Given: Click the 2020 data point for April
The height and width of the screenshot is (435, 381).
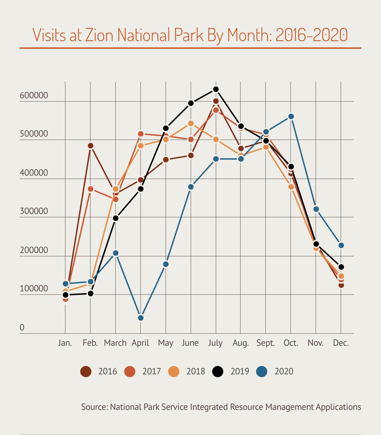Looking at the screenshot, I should tap(141, 318).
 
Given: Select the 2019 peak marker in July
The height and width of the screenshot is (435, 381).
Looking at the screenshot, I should tap(216, 89).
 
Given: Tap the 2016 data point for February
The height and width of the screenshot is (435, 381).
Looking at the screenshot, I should tap(90, 146).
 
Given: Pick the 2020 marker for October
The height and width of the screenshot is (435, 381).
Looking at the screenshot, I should tap(291, 116).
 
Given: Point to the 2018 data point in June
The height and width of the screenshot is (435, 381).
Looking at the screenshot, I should tap(191, 123).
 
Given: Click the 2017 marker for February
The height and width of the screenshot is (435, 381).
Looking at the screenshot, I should tap(90, 189).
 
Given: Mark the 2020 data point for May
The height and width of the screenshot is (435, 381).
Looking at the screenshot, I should tap(166, 264).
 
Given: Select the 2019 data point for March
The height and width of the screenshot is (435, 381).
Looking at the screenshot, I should tap(115, 218).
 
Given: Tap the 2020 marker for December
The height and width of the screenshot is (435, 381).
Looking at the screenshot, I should tap(341, 245).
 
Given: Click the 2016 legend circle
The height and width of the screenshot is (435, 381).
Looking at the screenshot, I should tap(85, 372).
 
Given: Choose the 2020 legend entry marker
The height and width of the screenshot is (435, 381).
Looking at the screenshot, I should tap(262, 372).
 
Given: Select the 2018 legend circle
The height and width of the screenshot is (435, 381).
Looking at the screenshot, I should tap(173, 372).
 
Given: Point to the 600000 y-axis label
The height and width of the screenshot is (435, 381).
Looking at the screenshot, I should tap(34, 96).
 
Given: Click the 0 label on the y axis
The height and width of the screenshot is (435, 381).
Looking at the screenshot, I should tap(22, 327).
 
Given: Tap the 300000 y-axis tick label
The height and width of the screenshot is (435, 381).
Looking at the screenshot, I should tap(34, 212).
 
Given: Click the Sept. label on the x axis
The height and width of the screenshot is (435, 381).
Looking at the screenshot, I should tap(266, 343).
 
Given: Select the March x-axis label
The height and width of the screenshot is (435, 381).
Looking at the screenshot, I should tap(115, 343).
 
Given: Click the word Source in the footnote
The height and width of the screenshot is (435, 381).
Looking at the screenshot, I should tap(94, 407).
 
